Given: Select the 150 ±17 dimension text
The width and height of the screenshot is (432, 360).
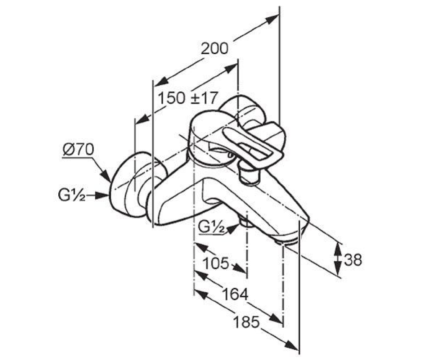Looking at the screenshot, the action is (x=188, y=98).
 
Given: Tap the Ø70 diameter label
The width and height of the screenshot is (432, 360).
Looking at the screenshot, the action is (x=78, y=149).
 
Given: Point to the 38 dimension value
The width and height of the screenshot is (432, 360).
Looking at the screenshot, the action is (x=353, y=260).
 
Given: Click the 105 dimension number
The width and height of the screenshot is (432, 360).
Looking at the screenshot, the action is (x=216, y=264).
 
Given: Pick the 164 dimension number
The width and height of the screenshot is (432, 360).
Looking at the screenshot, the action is (x=235, y=294).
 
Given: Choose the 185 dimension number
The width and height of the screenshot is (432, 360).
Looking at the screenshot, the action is (x=246, y=322).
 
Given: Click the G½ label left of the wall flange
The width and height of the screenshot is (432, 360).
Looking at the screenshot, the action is (x=72, y=195).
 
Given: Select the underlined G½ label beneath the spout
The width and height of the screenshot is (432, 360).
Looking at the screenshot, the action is (x=211, y=228).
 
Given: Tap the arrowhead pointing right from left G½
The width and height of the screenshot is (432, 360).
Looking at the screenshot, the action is (x=102, y=195).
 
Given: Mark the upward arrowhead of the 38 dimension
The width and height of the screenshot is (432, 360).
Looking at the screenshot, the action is (x=338, y=250).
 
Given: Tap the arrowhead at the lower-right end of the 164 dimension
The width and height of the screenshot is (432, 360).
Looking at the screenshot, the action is (x=276, y=318).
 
